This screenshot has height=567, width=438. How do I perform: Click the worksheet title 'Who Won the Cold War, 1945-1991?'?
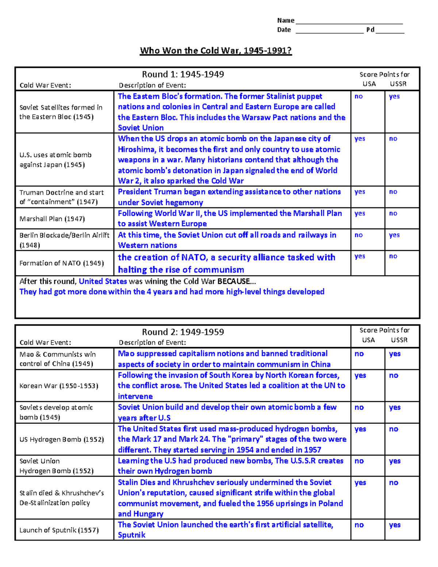point(216,50)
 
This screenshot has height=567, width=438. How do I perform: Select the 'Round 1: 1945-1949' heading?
point(183,74)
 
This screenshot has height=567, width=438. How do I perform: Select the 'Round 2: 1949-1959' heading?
point(183,332)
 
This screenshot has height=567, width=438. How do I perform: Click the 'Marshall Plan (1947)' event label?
point(52,219)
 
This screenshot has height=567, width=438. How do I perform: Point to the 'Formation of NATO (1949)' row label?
point(62,263)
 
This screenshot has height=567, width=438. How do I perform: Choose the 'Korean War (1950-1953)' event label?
point(59,386)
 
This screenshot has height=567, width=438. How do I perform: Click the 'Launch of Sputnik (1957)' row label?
point(59,530)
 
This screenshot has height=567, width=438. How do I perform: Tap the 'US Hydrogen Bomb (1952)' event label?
point(62,440)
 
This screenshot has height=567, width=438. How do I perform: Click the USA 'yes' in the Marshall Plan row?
point(360,214)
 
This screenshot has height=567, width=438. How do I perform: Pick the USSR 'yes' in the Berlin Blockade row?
point(394,235)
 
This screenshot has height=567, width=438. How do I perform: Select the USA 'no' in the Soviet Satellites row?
point(359,97)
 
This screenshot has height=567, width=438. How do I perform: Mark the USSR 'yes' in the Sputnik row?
point(395,525)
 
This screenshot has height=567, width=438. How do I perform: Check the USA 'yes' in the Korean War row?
point(360,375)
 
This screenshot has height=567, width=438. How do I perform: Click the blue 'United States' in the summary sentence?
point(103,281)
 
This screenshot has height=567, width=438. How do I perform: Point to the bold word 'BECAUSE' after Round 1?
point(234,281)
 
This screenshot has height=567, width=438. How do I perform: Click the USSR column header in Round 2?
point(399,340)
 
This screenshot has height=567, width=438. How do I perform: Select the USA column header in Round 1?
point(369,84)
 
